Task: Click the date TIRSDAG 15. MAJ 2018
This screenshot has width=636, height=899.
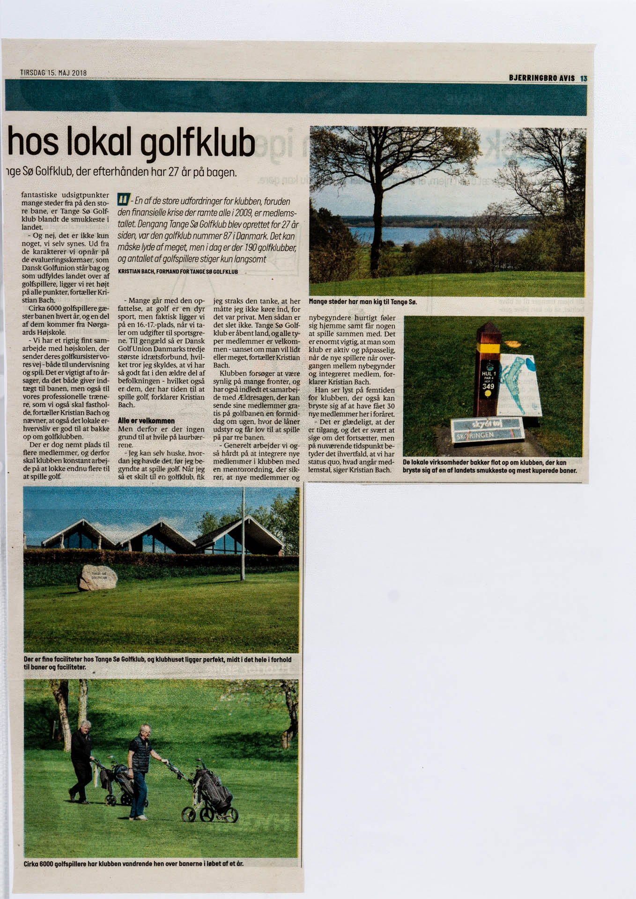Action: pos(53,73)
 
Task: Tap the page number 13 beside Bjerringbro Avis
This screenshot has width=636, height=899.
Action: pos(583,79)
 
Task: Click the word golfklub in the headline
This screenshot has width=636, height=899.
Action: pos(198,142)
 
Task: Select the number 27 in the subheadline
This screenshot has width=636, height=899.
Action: pos(174,172)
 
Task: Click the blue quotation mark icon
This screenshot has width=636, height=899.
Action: pos(123,199)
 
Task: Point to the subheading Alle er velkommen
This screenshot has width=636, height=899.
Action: pos(146,420)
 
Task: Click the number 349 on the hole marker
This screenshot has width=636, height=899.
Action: pos(488,386)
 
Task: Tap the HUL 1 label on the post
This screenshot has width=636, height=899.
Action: pos(488,374)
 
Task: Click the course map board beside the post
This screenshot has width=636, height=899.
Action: pos(520,384)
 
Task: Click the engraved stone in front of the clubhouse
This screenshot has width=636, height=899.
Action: pos(98,577)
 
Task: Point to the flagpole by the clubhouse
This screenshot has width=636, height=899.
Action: pos(243,534)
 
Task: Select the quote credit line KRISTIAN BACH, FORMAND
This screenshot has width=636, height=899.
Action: pos(177,272)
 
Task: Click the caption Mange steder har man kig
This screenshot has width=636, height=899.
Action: pos(362,302)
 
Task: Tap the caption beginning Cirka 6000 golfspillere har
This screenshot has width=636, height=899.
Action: pos(133,863)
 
